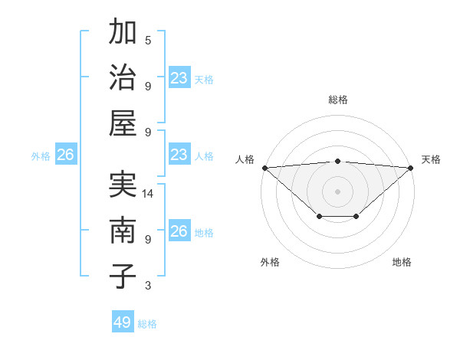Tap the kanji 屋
click(x=123, y=122)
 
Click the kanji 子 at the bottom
click(x=123, y=275)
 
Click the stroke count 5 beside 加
click(x=148, y=40)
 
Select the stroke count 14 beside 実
click(x=148, y=194)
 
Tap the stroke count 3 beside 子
click(x=148, y=286)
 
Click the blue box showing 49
click(x=123, y=322)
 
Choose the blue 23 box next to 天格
click(x=179, y=78)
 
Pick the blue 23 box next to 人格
click(x=179, y=155)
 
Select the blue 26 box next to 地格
click(x=179, y=231)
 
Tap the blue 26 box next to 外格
click(x=65, y=155)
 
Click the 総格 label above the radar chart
click(x=338, y=100)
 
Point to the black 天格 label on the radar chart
click(x=431, y=159)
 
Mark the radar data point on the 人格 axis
click(x=264, y=167)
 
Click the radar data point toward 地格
click(x=356, y=217)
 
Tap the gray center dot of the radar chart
click(x=338, y=191)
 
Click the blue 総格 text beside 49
click(x=147, y=324)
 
